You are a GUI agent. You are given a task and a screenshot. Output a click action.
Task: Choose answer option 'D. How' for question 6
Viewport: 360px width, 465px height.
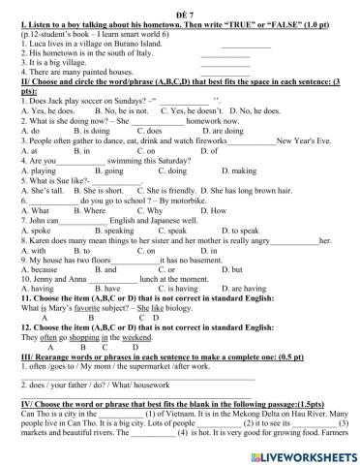[218, 211]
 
